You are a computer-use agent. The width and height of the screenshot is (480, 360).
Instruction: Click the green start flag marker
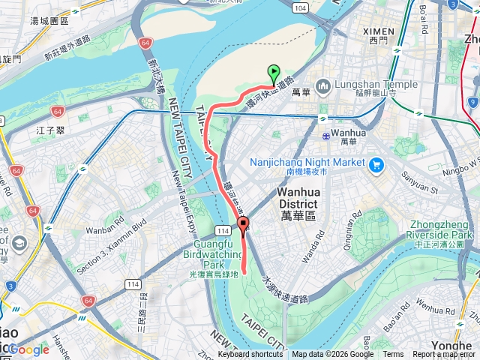[274, 73]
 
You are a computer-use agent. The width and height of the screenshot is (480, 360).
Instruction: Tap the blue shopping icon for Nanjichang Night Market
[376, 163]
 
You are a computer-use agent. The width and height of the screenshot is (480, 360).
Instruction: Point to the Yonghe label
[454, 346]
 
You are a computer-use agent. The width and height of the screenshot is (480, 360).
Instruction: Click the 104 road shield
[300, 7]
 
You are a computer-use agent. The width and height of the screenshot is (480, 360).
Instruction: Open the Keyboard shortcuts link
[250, 355]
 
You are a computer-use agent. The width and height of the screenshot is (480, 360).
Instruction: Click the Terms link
[392, 355]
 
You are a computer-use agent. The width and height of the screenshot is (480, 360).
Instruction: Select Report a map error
[444, 355]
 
